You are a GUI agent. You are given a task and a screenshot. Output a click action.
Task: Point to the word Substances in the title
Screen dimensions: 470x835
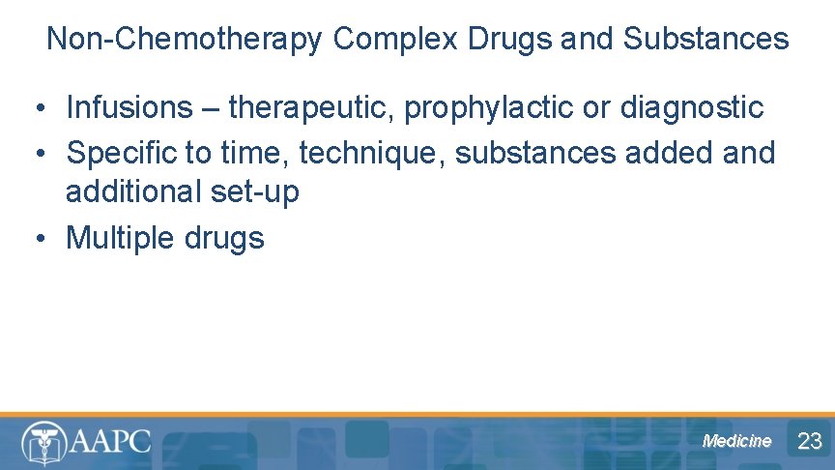click(x=706, y=39)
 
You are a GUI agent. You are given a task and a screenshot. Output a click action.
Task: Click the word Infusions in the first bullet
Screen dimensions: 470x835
click(x=130, y=107)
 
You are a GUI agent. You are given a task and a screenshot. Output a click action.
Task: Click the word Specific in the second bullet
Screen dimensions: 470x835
click(x=124, y=153)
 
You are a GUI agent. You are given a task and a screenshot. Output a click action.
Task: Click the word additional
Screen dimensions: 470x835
click(x=133, y=191)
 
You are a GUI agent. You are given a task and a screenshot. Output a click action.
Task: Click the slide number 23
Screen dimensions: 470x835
click(x=809, y=442)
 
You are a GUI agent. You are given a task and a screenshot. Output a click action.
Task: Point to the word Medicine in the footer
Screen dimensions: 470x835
click(x=737, y=441)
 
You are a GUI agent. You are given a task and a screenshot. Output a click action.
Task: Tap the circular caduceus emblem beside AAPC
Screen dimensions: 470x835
click(x=43, y=442)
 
